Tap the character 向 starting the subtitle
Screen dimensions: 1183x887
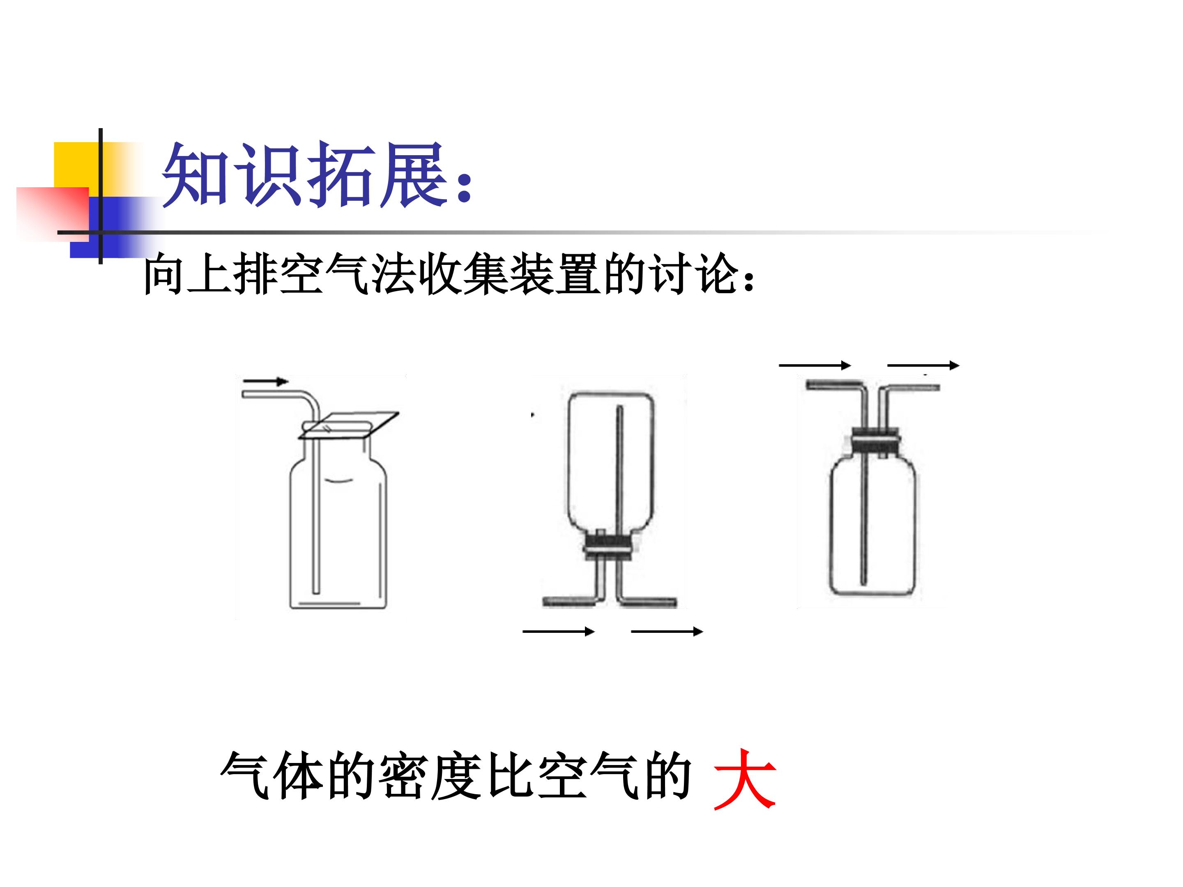(164, 274)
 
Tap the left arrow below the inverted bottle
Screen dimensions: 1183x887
(558, 632)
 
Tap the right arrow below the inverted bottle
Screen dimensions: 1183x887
(667, 632)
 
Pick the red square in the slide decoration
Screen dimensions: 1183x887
(53, 213)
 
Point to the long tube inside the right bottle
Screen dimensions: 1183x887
(863, 508)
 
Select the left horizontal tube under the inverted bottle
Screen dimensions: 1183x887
(568, 602)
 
